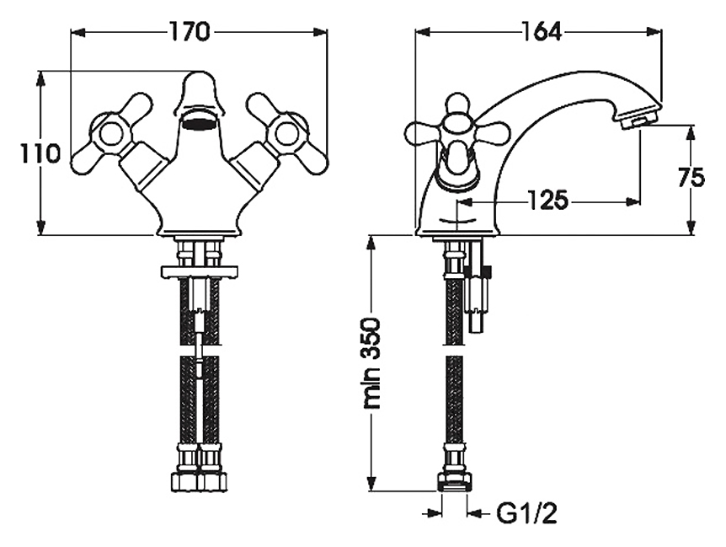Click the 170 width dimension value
click(x=190, y=32)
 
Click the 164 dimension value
click(x=541, y=31)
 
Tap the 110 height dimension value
click(x=40, y=153)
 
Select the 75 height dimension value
click(x=691, y=176)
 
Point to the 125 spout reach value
click(x=547, y=201)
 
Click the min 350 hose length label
click(x=371, y=363)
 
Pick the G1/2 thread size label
click(x=527, y=513)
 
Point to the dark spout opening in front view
click(x=199, y=124)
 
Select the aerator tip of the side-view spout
click(x=638, y=118)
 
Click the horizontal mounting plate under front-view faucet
click(x=199, y=271)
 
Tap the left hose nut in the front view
click(x=184, y=482)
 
